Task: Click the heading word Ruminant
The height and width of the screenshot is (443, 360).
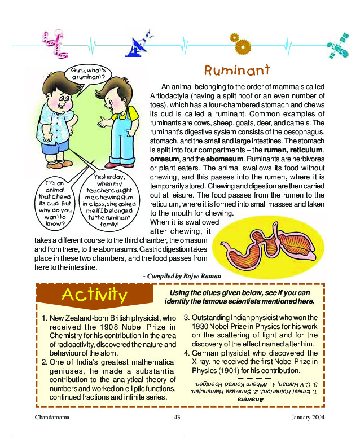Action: (237, 71)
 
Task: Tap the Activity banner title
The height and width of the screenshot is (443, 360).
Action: (94, 295)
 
